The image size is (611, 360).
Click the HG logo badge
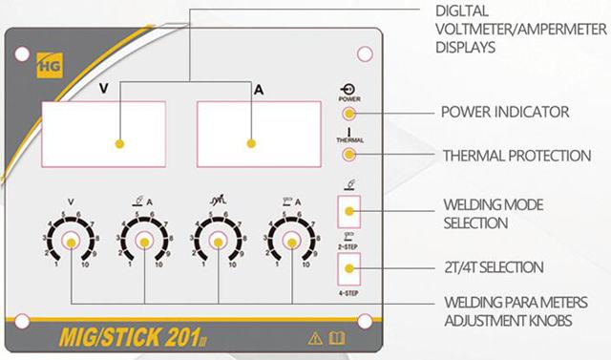[x=50, y=66]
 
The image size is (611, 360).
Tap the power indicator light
[x=349, y=114]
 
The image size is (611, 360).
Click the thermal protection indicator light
[x=349, y=155]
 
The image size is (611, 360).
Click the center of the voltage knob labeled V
[x=71, y=243]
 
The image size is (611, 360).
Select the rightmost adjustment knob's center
[x=292, y=243]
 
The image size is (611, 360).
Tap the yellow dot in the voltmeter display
[x=119, y=144]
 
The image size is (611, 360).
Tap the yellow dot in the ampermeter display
[x=251, y=143]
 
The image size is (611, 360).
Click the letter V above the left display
[x=104, y=89]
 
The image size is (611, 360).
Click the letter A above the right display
[x=259, y=90]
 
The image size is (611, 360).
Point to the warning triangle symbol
[x=315, y=338]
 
